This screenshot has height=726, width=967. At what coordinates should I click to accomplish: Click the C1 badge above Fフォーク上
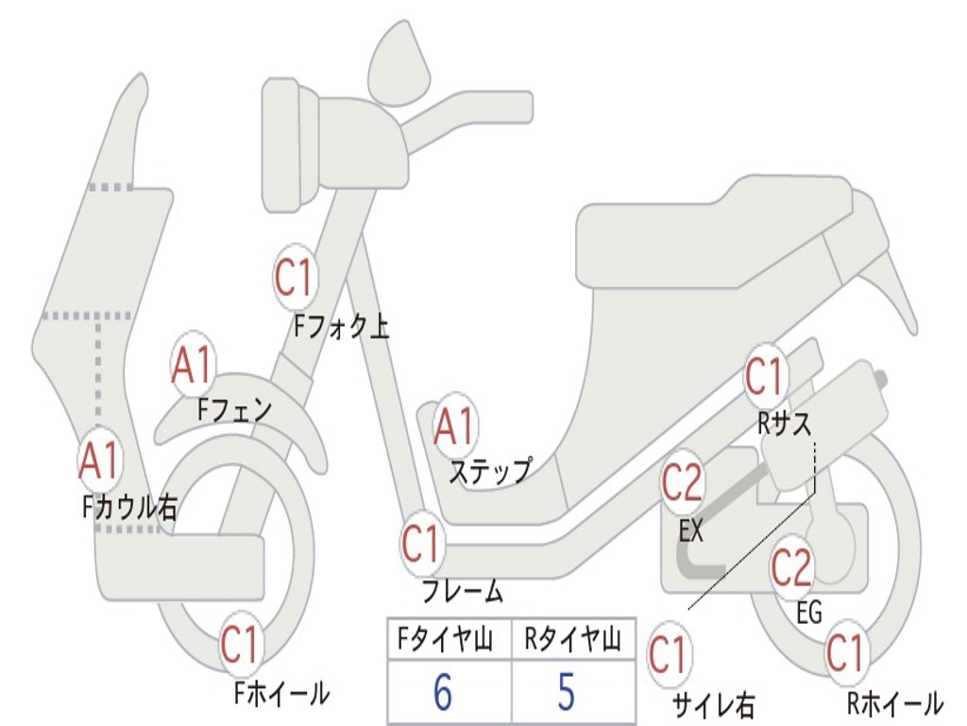295,277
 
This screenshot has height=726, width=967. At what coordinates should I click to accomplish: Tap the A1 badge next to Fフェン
193,364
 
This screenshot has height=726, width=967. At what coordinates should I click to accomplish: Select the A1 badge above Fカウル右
98,460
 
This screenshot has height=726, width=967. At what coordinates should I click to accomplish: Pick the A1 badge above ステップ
455,425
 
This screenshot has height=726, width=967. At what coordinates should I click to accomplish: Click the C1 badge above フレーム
422,544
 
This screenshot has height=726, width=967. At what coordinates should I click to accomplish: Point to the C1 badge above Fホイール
241,644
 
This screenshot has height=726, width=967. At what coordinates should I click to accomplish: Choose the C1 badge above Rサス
765,376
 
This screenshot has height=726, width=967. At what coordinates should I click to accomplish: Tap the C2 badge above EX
682,482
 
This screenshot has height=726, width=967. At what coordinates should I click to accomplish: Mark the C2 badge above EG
792,567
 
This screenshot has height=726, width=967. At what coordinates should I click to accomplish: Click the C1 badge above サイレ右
669,654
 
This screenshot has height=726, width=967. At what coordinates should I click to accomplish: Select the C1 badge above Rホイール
846,652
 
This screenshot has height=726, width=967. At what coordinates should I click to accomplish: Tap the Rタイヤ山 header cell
573,639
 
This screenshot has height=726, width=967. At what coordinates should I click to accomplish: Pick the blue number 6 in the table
443,691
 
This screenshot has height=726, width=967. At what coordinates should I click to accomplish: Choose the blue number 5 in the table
567,691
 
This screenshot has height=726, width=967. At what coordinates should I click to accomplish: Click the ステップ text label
490,472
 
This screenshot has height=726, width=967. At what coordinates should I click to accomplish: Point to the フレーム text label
463,591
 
